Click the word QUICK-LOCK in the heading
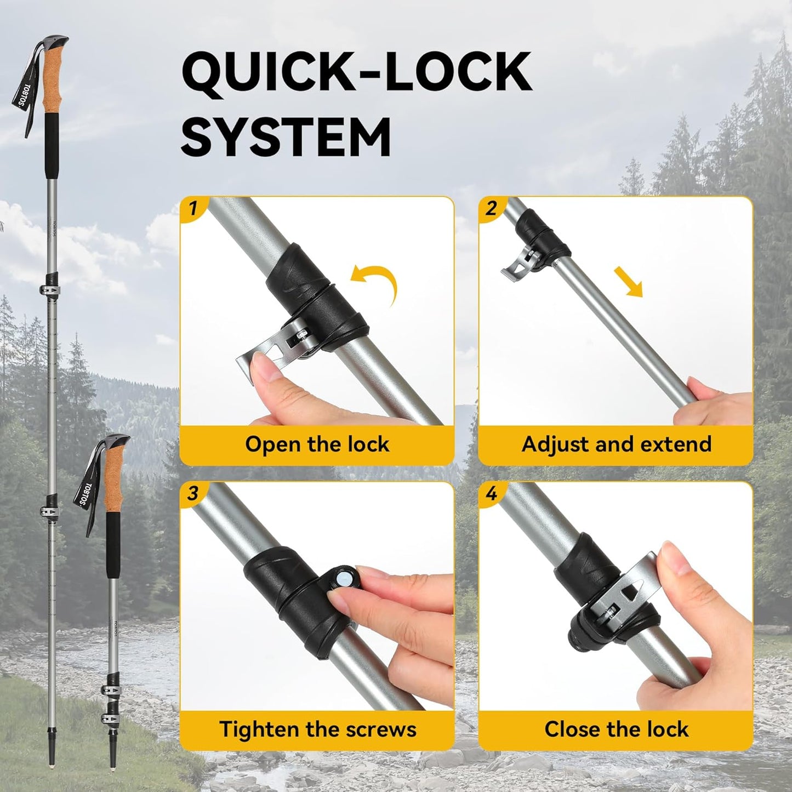pos(356,71)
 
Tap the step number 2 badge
pos(491,209)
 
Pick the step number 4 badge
pos(491,494)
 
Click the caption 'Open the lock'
pos(317,444)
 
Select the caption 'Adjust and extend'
pos(616,444)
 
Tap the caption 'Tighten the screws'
pos(317,730)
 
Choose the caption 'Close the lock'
pos(616,730)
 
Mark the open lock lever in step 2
pos(518,266)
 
